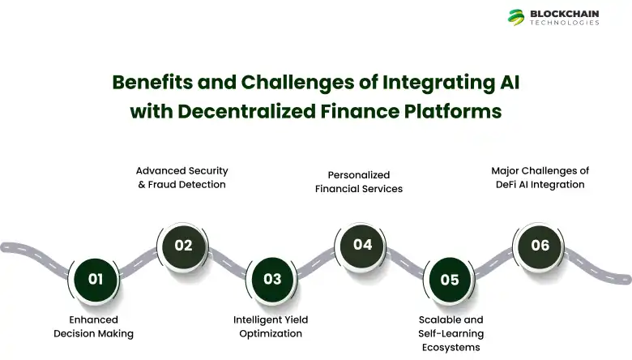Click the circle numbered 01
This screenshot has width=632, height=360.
pos(95,279)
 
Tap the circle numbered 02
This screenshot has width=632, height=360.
pos(183,245)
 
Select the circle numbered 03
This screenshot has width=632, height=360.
pos(272,279)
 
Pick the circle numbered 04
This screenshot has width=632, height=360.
pos(362,244)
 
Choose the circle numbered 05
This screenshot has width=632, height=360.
pos(450,280)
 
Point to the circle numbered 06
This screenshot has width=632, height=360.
pos(540,245)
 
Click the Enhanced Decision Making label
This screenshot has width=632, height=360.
pos(94,327)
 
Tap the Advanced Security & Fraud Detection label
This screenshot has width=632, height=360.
pos(181,178)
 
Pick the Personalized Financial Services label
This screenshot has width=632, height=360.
pos(359,182)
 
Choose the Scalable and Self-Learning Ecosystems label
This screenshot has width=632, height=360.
pos(451,333)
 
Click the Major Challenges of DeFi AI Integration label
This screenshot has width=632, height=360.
pos(540,178)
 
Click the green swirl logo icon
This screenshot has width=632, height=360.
pos(516,17)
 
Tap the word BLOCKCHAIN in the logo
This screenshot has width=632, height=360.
pos(565,13)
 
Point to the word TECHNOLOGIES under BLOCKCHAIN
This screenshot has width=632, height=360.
pos(565,24)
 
